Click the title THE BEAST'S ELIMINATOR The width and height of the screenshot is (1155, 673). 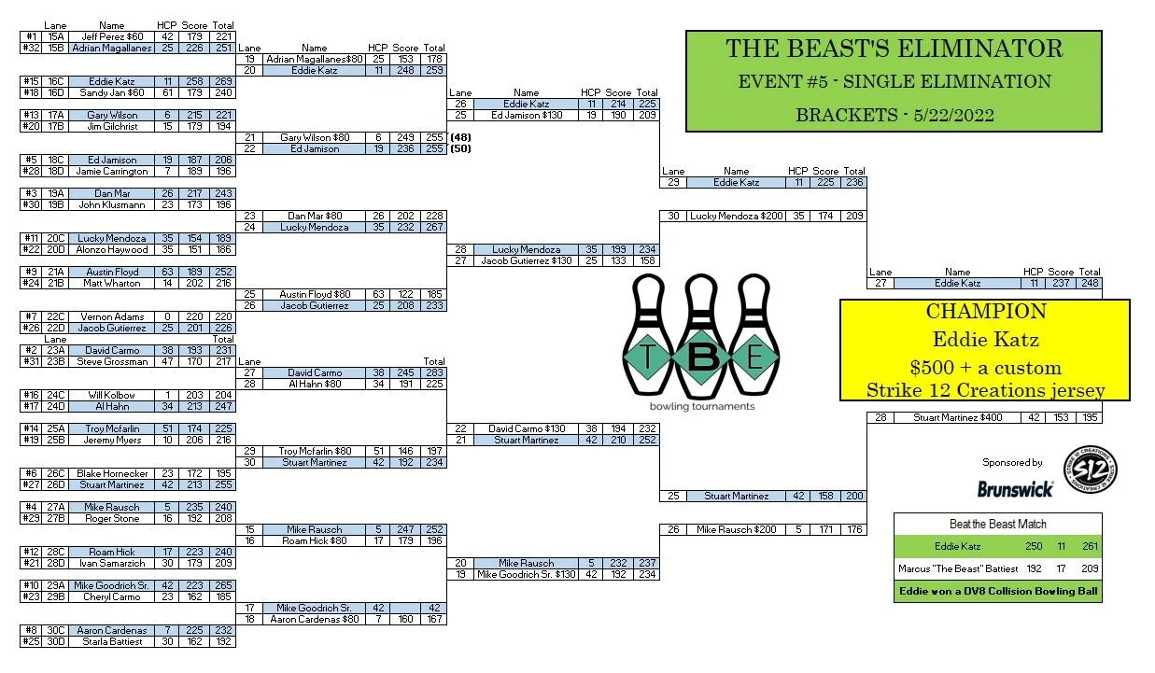894,49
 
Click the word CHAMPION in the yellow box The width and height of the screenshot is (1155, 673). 985,312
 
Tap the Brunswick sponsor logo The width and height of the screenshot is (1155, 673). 1015,488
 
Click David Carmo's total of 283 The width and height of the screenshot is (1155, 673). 434,372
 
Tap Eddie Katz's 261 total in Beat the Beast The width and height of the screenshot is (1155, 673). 1086,546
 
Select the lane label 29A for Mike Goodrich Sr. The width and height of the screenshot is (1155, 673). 55,585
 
